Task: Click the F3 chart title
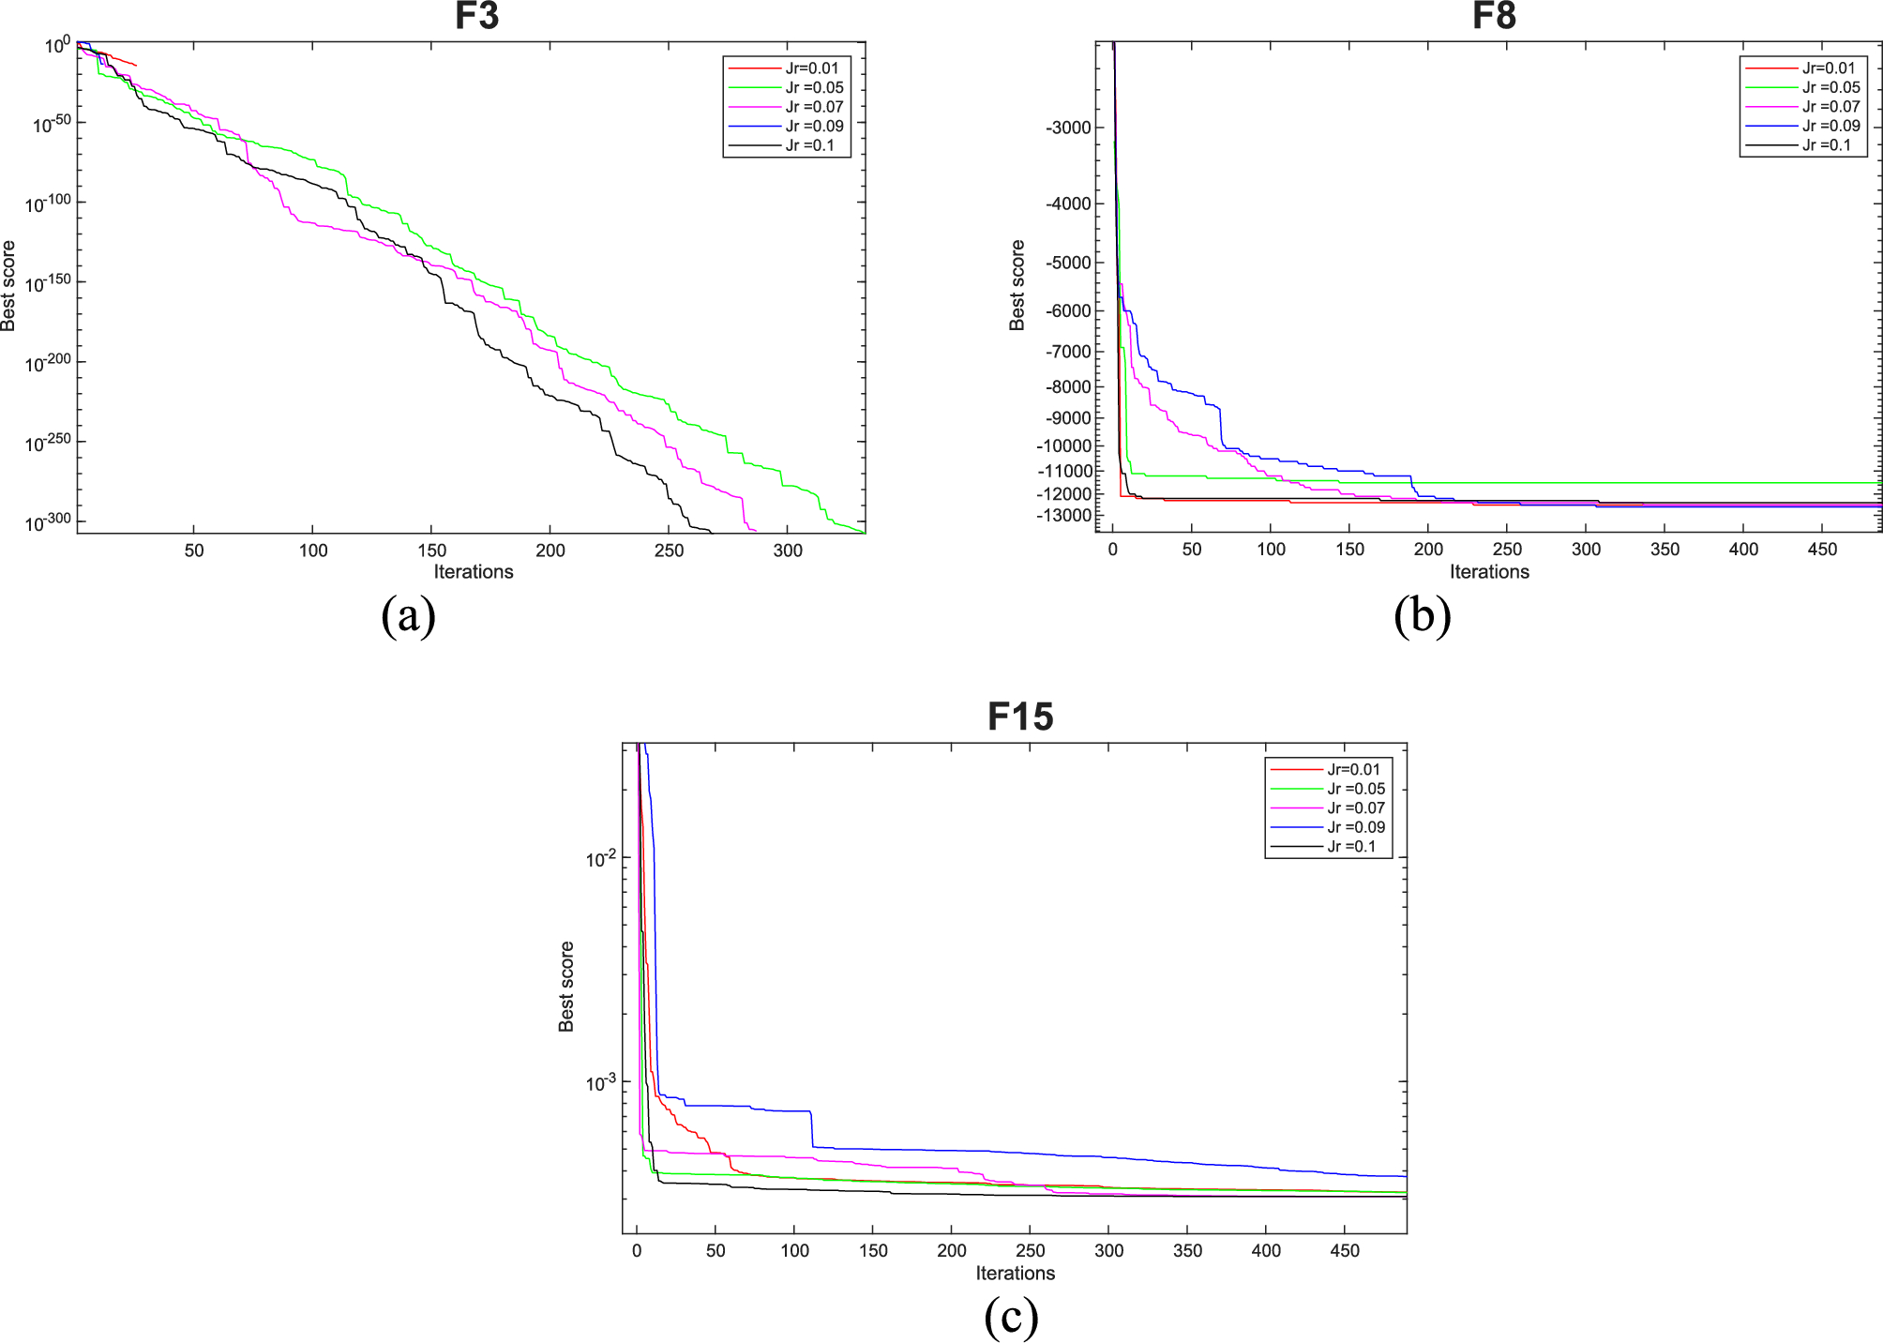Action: (x=476, y=16)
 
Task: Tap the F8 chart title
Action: (x=1493, y=16)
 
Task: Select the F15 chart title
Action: (x=1020, y=717)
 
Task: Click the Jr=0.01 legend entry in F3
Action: (x=811, y=68)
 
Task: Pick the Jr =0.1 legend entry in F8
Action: (x=1826, y=145)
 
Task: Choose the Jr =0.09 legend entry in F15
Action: (x=1355, y=827)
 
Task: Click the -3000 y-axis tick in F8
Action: (x=1068, y=128)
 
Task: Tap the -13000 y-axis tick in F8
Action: (x=1064, y=516)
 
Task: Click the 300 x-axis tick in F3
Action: (x=788, y=551)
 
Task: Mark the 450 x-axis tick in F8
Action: (x=1822, y=550)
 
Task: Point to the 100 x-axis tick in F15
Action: (x=794, y=1251)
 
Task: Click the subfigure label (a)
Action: (x=408, y=616)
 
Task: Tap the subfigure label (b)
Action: (x=1423, y=616)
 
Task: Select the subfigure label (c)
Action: (x=1011, y=1317)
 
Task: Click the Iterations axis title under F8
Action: (x=1489, y=572)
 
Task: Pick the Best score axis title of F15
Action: (x=566, y=987)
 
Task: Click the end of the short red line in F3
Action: (x=136, y=66)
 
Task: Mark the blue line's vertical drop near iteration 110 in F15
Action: (x=812, y=1128)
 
